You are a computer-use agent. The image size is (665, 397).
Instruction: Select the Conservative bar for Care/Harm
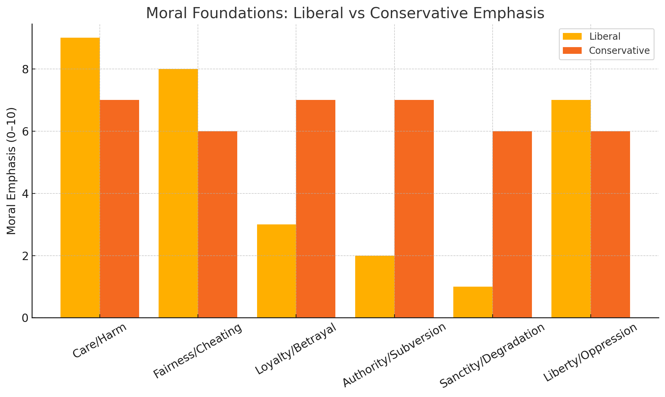pos(119,209)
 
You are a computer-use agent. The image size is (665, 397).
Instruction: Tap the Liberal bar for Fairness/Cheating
pos(178,193)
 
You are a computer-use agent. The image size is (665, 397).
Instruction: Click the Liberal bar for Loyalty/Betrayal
pos(276,271)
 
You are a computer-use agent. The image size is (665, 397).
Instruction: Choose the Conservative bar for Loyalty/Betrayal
pos(316,209)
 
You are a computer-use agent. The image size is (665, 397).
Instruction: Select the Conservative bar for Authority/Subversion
pos(414,209)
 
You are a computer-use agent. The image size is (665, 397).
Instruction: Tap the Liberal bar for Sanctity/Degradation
pos(473,302)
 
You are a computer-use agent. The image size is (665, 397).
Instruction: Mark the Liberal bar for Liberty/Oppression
pos(571,209)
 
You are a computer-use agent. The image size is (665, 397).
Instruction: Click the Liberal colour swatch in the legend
pos(572,36)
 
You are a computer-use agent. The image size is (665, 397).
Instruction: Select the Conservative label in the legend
pos(619,50)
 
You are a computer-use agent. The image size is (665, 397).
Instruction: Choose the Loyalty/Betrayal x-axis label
pos(296,349)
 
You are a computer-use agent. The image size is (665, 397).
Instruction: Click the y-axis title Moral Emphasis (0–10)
pos(11,171)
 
